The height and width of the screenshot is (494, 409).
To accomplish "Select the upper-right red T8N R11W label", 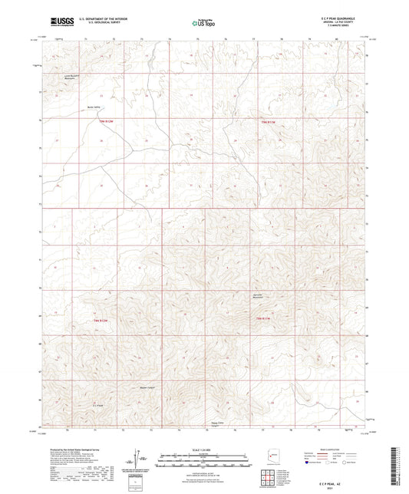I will (266, 123).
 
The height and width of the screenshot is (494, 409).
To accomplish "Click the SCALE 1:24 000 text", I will (204, 449).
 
